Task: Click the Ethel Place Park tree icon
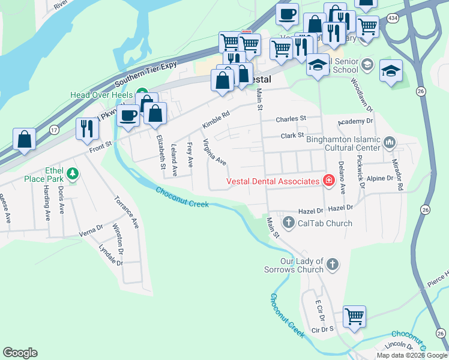click(73, 174)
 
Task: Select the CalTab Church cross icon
click(288, 223)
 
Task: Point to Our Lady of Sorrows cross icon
click(332, 264)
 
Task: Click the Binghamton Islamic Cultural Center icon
click(390, 143)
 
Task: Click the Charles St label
click(291, 119)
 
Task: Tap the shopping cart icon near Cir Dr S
click(355, 316)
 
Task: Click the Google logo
click(20, 353)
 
